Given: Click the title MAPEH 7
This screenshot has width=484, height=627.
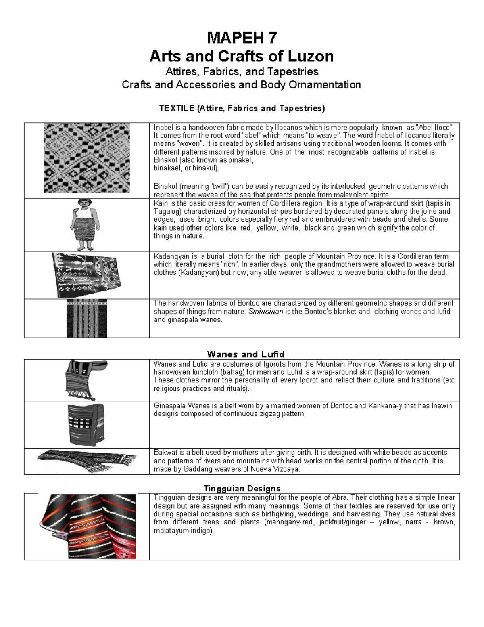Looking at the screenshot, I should (x=242, y=38).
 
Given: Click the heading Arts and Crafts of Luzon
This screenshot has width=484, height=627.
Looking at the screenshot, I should (x=242, y=56).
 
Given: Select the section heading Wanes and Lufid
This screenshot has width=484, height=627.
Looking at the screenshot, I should (x=246, y=354).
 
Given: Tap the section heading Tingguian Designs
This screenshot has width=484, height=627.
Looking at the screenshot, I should (x=242, y=488).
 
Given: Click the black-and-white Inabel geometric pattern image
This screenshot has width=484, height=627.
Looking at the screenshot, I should (x=87, y=158).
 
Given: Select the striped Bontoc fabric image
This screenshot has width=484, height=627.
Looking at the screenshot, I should (x=87, y=318).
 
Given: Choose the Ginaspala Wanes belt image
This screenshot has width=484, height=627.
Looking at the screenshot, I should (x=86, y=424).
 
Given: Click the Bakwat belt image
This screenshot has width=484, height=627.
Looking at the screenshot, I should (x=87, y=461).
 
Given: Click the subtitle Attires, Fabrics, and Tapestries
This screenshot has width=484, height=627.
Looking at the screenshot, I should (x=242, y=71).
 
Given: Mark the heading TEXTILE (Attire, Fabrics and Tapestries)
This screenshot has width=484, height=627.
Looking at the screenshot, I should (x=242, y=108).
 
